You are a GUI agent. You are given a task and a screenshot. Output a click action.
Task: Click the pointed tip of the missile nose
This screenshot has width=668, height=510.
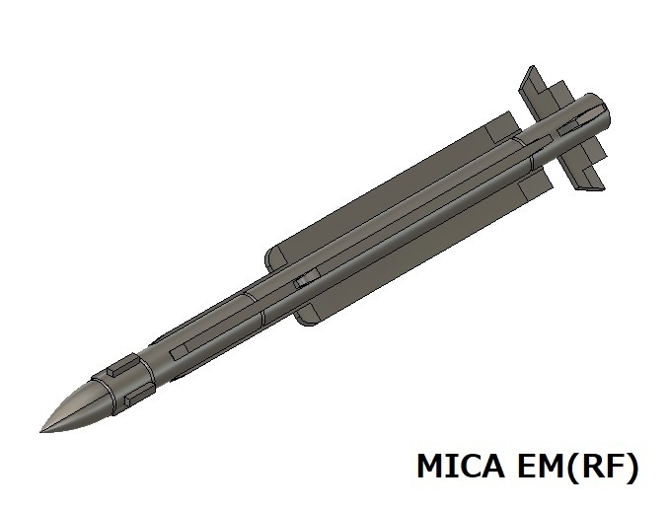(41, 430)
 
